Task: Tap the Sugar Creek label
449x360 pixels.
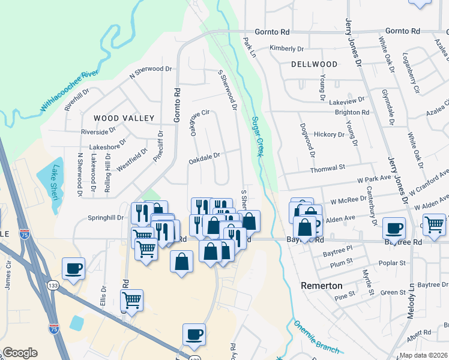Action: point(257,137)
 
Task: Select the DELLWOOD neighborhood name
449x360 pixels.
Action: point(314,64)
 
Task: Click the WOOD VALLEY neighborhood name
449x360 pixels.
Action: point(124,118)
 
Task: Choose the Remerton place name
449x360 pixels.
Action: point(321,286)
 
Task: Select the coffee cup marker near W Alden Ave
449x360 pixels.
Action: point(394,228)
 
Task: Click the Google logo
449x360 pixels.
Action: point(20,353)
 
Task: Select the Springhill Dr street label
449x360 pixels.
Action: point(105,217)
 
